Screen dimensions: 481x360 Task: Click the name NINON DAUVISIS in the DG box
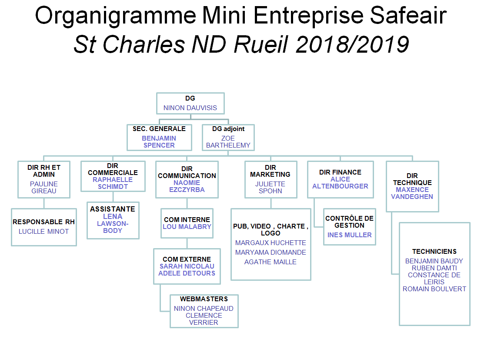[x=190, y=108]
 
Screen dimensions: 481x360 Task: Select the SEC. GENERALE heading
[x=159, y=129]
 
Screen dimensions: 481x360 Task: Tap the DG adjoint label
[x=228, y=129]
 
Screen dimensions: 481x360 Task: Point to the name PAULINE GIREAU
[x=44, y=187]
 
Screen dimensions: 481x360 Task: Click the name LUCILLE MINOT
[x=44, y=231]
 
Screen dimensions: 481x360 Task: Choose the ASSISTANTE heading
[x=113, y=209]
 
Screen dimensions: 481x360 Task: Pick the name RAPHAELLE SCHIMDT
[x=113, y=183]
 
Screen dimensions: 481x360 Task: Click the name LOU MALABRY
[x=187, y=227]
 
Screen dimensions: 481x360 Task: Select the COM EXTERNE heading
[x=187, y=259]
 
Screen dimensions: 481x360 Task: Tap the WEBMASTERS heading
[x=204, y=299]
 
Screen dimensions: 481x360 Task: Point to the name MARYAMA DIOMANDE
[x=271, y=252]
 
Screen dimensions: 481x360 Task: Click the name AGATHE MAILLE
[x=271, y=262]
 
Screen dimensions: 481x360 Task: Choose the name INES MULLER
[x=349, y=235]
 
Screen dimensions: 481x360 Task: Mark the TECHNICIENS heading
[x=434, y=252]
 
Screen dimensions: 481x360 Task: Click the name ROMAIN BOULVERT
[x=434, y=289]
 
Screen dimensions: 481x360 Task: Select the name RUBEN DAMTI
[x=434, y=268]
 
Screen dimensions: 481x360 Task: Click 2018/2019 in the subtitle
[x=352, y=44]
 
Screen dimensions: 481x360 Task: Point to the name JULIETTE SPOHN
[x=270, y=187]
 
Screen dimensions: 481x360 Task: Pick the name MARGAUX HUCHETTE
[x=271, y=242]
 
